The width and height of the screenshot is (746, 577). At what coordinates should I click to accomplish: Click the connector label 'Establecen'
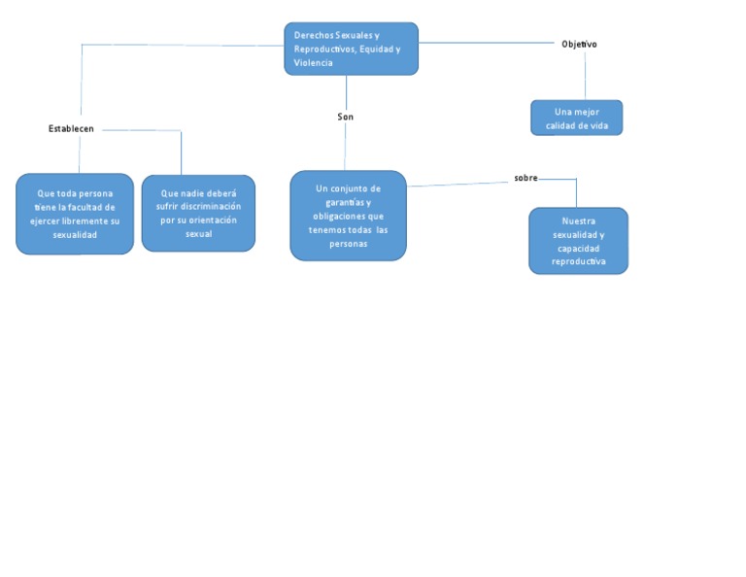coord(71,129)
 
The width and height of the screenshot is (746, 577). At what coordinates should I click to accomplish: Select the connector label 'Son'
coord(346,117)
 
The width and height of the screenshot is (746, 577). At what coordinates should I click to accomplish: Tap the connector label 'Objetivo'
coord(579,44)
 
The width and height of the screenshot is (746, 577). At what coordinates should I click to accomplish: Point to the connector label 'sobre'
coord(526,178)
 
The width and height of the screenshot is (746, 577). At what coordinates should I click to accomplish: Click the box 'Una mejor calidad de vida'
coord(577,119)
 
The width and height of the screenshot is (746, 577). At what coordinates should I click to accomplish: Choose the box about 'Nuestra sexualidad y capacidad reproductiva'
coord(578,241)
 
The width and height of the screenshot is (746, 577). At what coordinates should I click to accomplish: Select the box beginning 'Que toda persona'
coord(75,214)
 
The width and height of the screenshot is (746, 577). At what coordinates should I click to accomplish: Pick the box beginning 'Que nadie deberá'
coord(198,213)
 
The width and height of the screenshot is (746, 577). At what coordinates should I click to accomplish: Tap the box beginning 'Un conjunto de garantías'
coord(348,216)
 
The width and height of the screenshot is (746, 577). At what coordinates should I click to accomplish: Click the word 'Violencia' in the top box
coord(313,62)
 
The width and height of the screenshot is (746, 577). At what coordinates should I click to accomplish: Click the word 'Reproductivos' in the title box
coord(323,49)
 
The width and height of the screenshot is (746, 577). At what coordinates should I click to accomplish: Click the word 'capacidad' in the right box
coord(578,249)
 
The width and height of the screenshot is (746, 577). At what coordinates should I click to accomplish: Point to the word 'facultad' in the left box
coord(95,207)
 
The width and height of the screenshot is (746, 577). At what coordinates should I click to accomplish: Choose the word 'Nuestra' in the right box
coord(578,221)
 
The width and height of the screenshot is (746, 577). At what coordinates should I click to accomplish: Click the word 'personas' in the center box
coord(349,244)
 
